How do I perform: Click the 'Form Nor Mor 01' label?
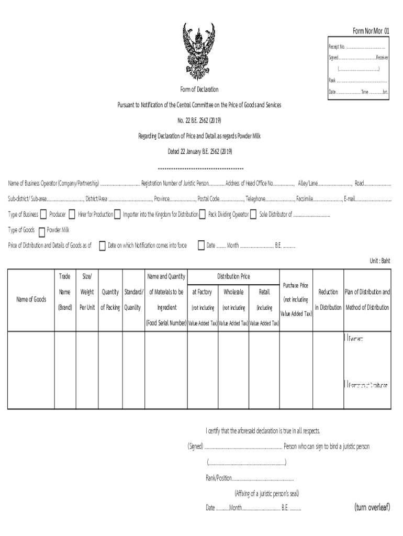point(371,31)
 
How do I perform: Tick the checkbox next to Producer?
point(43,214)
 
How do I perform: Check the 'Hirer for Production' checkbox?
point(73,214)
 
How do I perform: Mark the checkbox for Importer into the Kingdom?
point(117,214)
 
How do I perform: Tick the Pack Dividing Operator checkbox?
point(202,214)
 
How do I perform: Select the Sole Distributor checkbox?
point(253,214)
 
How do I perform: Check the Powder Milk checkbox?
point(42,230)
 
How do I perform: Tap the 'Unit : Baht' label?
point(379,260)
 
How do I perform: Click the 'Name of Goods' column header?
point(31,299)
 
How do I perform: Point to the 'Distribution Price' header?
point(233,276)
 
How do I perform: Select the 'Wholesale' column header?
point(233,292)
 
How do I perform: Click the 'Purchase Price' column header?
point(296,285)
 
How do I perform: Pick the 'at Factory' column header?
point(202,292)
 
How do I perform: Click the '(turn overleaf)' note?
point(372,507)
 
